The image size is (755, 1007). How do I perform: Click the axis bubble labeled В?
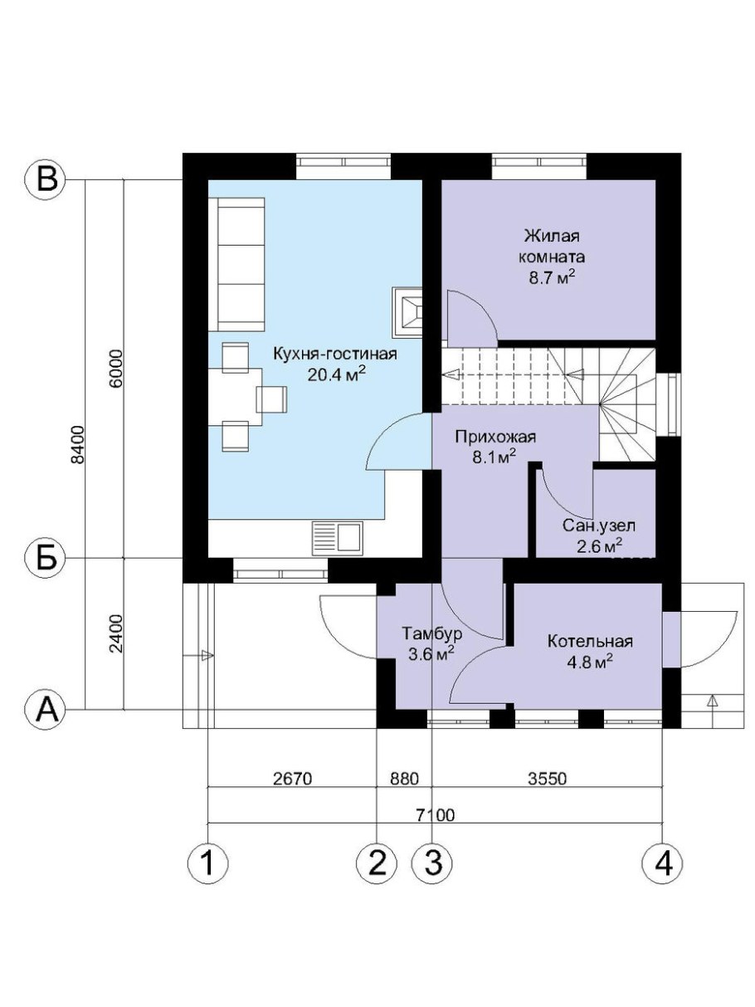46,181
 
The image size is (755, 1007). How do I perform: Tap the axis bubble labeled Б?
46,559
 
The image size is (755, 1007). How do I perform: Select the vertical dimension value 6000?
117,369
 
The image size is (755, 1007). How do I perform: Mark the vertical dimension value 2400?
117,633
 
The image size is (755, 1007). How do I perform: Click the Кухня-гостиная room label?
334,354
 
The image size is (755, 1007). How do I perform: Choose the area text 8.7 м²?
552,277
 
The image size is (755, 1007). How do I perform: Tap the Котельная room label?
591,641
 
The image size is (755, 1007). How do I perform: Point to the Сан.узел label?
599,525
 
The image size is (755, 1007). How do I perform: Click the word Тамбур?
432,633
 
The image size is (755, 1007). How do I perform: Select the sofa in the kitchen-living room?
236,264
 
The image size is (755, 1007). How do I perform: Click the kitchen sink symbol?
337,538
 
